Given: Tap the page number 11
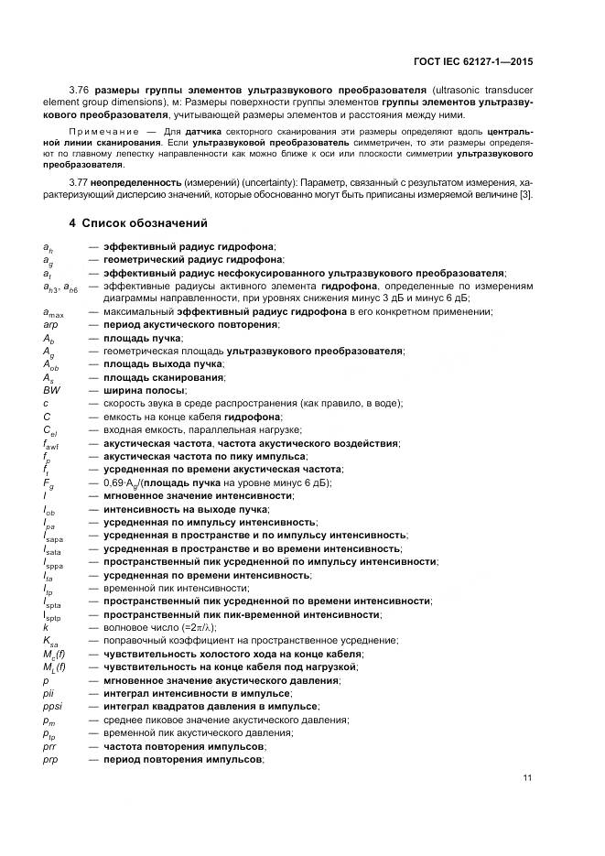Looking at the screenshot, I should point(527,778).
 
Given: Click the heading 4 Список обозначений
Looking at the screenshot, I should point(138,223).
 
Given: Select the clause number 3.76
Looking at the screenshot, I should point(105,89).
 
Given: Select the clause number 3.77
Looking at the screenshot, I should point(105,182).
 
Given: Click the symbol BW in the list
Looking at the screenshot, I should point(51,390).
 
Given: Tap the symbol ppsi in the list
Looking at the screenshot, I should point(52,707).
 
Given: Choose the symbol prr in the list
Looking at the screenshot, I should point(49,746).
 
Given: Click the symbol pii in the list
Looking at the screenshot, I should point(49,693).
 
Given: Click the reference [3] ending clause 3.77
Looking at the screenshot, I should point(525,195).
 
